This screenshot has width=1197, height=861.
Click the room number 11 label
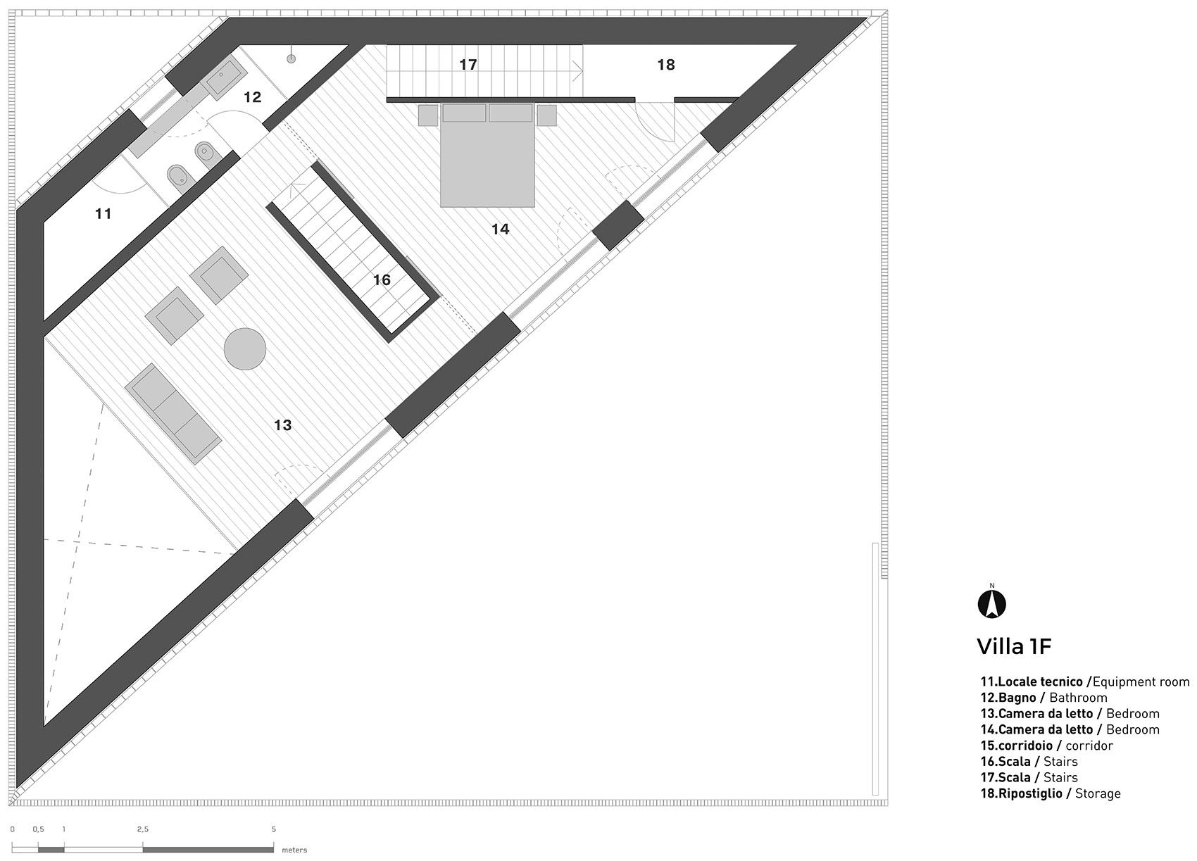point(103,214)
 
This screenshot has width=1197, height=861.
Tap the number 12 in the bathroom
point(252,97)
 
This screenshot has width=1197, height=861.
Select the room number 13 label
point(282,425)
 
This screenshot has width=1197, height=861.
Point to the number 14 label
point(500,230)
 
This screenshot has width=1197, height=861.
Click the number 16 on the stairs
point(382,279)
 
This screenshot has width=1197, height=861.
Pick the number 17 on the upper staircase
point(468,65)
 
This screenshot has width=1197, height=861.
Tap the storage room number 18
point(666,65)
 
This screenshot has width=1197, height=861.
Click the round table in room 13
point(245,348)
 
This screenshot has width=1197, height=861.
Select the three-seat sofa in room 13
point(173,414)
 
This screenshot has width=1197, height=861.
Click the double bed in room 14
point(487,155)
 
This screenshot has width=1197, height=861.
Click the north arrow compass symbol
point(992,605)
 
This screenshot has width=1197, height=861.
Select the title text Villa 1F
point(1014,647)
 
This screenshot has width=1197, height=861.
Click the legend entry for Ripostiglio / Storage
point(1050,793)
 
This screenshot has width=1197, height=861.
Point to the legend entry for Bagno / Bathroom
point(1043,698)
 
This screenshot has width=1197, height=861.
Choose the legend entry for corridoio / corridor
point(1046,746)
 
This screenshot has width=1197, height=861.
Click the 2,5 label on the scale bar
point(143,829)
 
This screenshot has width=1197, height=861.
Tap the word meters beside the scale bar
point(294,850)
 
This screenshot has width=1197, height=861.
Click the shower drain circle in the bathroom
point(292,59)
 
